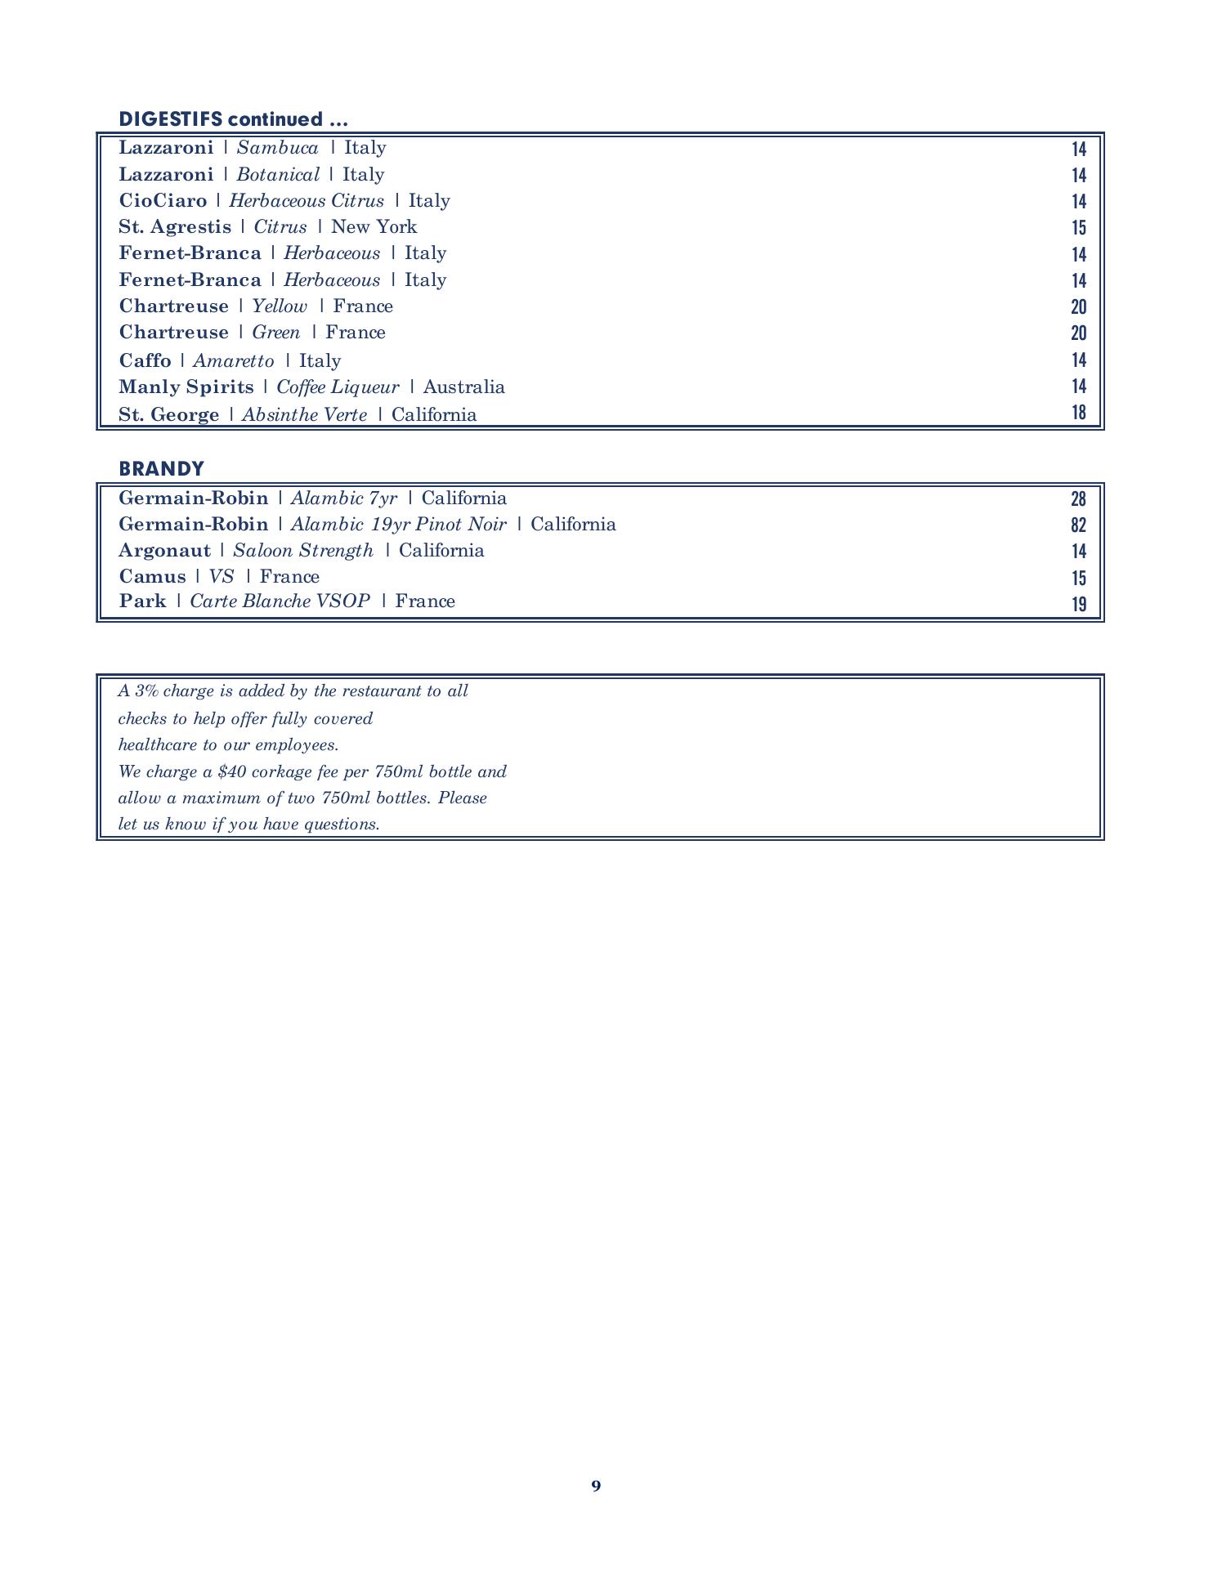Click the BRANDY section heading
161,469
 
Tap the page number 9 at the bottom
596,1486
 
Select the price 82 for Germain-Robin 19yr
1078,525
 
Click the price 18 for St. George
1079,413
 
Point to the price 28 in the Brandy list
1078,498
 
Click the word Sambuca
277,148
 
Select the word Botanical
277,175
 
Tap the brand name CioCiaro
163,201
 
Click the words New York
374,227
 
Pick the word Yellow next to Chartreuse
279,306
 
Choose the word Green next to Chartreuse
275,333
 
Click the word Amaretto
233,361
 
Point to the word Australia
463,387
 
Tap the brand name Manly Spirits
186,387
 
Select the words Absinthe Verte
304,415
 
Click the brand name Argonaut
164,551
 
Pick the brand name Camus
152,577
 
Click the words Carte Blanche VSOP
280,601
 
